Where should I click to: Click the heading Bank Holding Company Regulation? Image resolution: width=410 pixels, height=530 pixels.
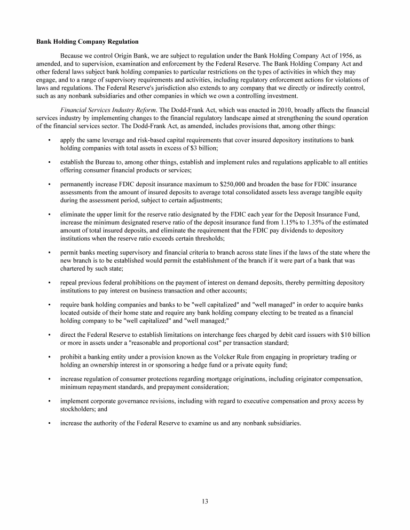pyautogui.click(x=87, y=41)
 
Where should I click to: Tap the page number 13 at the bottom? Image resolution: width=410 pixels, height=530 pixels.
pyautogui.click(x=205, y=501)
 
